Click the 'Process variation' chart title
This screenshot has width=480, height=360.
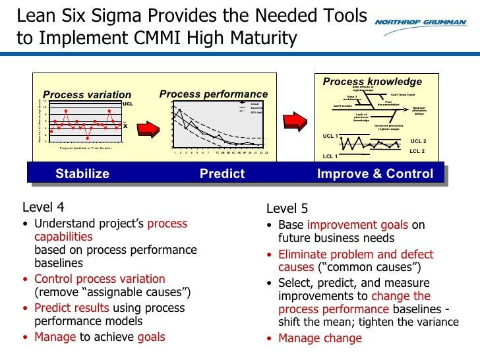(87, 95)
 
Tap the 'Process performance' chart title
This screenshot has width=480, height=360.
(214, 94)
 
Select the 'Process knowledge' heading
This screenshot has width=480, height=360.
(372, 82)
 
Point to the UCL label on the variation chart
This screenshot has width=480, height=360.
(128, 104)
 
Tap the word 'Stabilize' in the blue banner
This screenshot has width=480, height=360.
(82, 174)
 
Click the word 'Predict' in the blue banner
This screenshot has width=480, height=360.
(222, 174)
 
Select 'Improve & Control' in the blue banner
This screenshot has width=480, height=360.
(375, 174)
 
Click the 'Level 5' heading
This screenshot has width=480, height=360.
(287, 209)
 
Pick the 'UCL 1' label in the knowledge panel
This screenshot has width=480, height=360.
(330, 136)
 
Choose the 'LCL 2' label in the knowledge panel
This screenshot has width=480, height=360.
(417, 151)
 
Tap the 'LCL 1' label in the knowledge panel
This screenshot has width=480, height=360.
(330, 156)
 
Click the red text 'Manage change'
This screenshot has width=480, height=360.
(320, 338)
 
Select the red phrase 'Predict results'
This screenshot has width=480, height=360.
(72, 308)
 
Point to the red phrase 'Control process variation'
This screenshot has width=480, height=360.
(100, 279)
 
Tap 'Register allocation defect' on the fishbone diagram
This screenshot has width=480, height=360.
(419, 111)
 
